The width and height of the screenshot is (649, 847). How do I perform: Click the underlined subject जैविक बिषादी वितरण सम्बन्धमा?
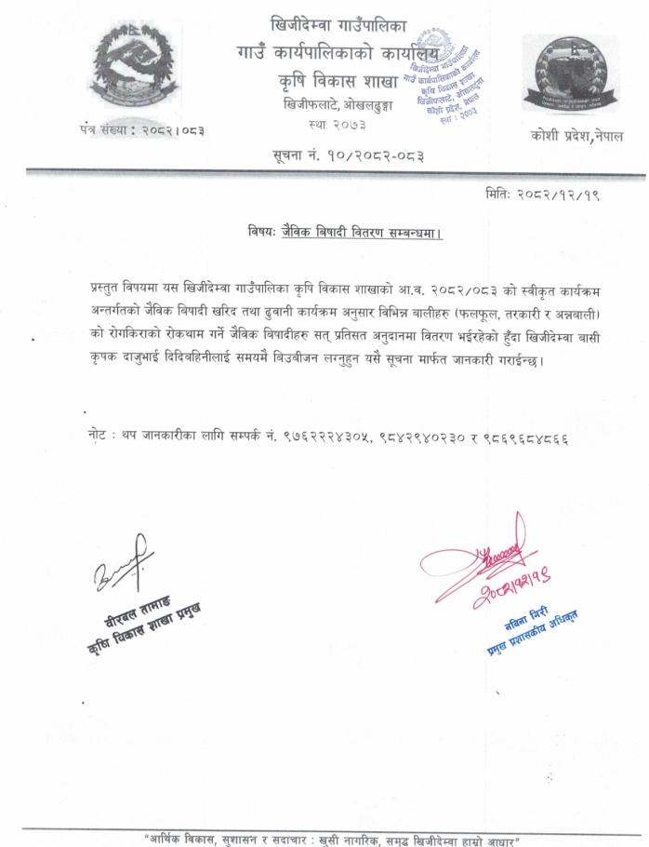(x=361, y=233)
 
